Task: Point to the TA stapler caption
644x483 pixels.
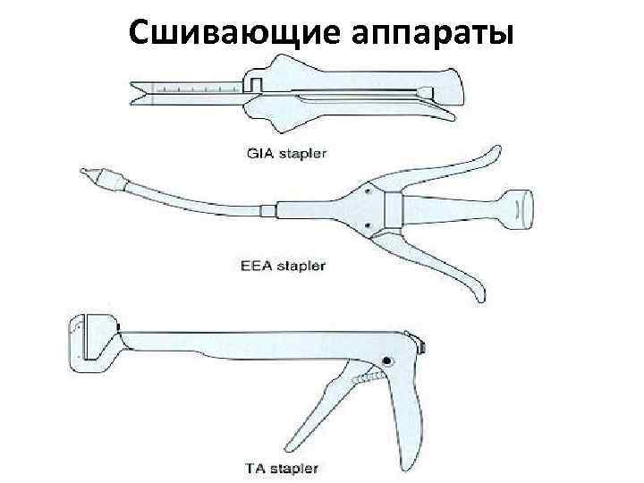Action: click(x=279, y=467)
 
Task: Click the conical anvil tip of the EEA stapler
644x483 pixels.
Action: click(x=88, y=174)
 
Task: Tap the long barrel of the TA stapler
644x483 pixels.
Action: click(x=250, y=343)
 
